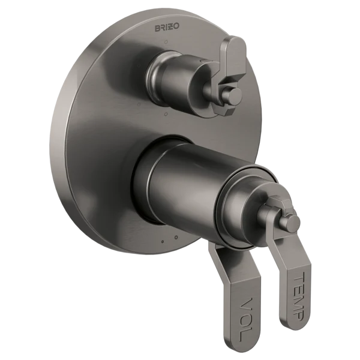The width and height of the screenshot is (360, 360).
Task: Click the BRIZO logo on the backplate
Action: (x=167, y=28)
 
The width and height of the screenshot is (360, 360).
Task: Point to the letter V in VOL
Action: (x=247, y=304)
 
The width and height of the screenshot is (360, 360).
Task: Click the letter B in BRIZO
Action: (x=158, y=28)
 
